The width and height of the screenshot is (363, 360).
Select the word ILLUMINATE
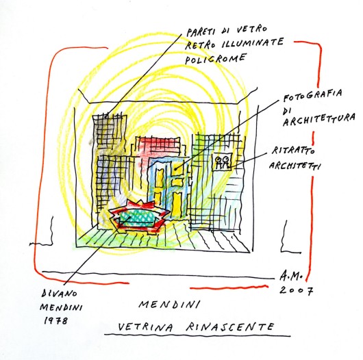253,43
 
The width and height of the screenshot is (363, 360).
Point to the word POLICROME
214,59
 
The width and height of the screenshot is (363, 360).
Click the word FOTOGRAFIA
313,95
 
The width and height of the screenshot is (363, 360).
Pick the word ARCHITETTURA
318,120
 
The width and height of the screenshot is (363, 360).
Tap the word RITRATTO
293,151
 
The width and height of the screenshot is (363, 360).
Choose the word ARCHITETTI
295,166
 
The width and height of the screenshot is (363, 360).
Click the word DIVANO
60,294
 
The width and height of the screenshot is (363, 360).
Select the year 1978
55,321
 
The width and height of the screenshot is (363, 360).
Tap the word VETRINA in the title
146,327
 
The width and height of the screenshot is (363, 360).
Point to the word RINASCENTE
230,326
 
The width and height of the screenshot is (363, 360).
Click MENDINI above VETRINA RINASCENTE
169,305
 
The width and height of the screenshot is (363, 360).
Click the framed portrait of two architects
222,162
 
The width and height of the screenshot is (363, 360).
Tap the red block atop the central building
158,145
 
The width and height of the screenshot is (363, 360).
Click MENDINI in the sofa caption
61,307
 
